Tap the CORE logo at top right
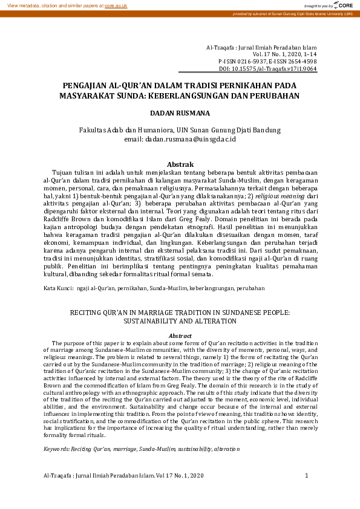coord(342,5)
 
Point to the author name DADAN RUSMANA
coord(180,112)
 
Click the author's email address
coord(189,139)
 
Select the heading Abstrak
coord(180,164)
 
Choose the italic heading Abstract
coord(179,336)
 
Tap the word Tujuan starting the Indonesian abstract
coord(64,172)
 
